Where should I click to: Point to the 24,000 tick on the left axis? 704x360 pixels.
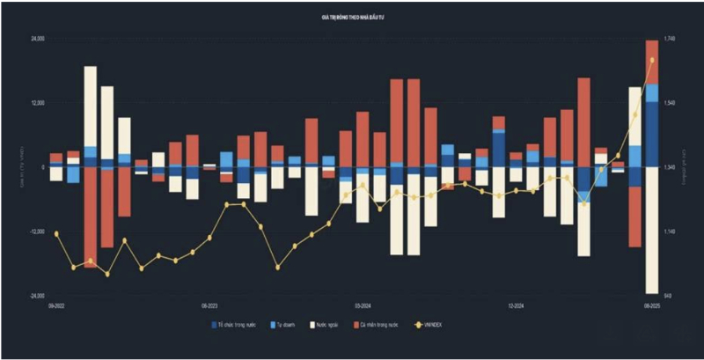[38, 39]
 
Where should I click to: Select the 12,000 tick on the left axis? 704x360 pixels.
[38, 103]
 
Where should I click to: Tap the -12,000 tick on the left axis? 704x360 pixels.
[37, 231]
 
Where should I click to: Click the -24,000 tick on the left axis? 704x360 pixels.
[37, 296]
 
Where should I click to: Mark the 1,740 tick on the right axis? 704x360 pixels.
[670, 39]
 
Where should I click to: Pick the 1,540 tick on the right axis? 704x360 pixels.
[670, 103]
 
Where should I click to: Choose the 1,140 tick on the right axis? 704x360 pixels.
[670, 231]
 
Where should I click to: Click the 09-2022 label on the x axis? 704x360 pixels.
[56, 305]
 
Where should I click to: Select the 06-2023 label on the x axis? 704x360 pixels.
[209, 305]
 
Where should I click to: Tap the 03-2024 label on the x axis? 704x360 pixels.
[363, 305]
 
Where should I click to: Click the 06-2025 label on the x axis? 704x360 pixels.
[652, 305]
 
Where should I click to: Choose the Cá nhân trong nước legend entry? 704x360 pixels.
[378, 325]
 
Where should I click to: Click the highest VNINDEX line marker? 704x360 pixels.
[652, 60]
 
